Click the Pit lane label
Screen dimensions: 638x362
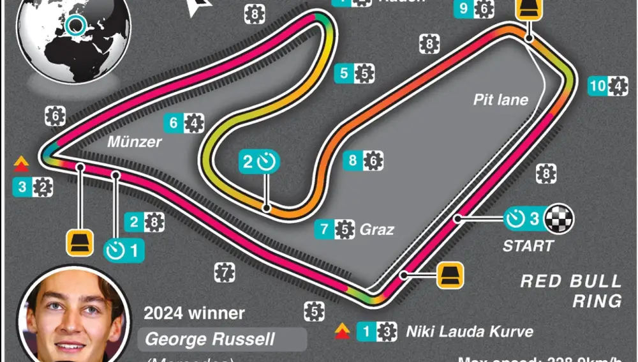tap(501, 99)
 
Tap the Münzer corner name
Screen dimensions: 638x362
tap(134, 141)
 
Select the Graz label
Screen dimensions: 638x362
tap(376, 229)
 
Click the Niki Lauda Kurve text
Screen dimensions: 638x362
tap(469, 331)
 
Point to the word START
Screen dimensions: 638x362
tap(528, 246)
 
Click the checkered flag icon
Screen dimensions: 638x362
tap(562, 219)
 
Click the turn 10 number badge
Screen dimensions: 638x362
tap(598, 86)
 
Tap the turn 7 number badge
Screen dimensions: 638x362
tap(325, 229)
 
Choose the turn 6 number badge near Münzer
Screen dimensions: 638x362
tap(174, 123)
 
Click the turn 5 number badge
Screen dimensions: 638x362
tap(344, 73)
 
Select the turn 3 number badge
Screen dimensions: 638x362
tap(22, 188)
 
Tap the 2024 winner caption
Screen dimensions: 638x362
tap(194, 313)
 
